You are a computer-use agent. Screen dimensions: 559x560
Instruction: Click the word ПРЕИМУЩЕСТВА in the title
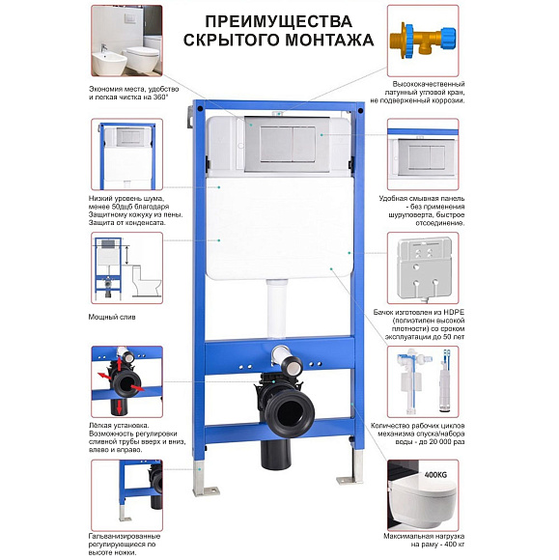[279, 21]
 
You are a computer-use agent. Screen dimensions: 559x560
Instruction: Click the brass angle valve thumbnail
[423, 41]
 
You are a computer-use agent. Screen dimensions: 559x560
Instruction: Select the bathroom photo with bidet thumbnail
[126, 41]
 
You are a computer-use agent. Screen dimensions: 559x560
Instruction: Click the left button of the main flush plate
[276, 144]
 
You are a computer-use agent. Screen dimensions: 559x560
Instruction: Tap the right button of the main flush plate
[304, 144]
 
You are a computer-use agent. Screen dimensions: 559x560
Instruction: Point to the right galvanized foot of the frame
[351, 467]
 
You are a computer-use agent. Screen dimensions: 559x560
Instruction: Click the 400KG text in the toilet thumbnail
[435, 475]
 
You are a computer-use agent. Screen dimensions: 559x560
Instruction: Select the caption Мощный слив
[112, 317]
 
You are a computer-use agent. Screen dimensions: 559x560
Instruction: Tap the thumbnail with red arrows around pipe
[126, 381]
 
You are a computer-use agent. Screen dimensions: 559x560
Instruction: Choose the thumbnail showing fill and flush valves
[423, 381]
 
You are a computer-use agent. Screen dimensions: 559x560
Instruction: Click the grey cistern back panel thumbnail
[423, 267]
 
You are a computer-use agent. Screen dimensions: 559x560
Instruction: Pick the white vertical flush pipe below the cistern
[276, 308]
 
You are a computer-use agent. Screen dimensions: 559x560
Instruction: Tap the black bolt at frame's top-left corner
[200, 108]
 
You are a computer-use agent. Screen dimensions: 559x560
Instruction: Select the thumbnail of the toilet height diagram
[126, 267]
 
